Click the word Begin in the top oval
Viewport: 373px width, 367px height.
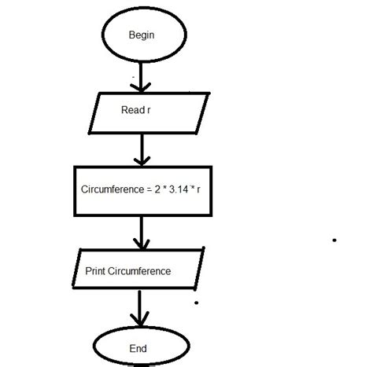(x=141, y=36)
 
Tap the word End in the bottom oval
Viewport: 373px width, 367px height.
(x=138, y=347)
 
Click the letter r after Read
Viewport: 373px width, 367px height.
(x=149, y=111)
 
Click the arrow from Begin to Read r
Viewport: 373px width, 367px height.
(x=141, y=76)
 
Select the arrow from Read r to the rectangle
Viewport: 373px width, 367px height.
(x=141, y=149)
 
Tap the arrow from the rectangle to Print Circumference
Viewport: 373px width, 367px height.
(x=141, y=232)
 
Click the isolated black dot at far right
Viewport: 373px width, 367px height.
(x=334, y=240)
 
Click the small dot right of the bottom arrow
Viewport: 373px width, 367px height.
(x=195, y=302)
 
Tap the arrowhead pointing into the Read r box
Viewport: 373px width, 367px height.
(x=141, y=87)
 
